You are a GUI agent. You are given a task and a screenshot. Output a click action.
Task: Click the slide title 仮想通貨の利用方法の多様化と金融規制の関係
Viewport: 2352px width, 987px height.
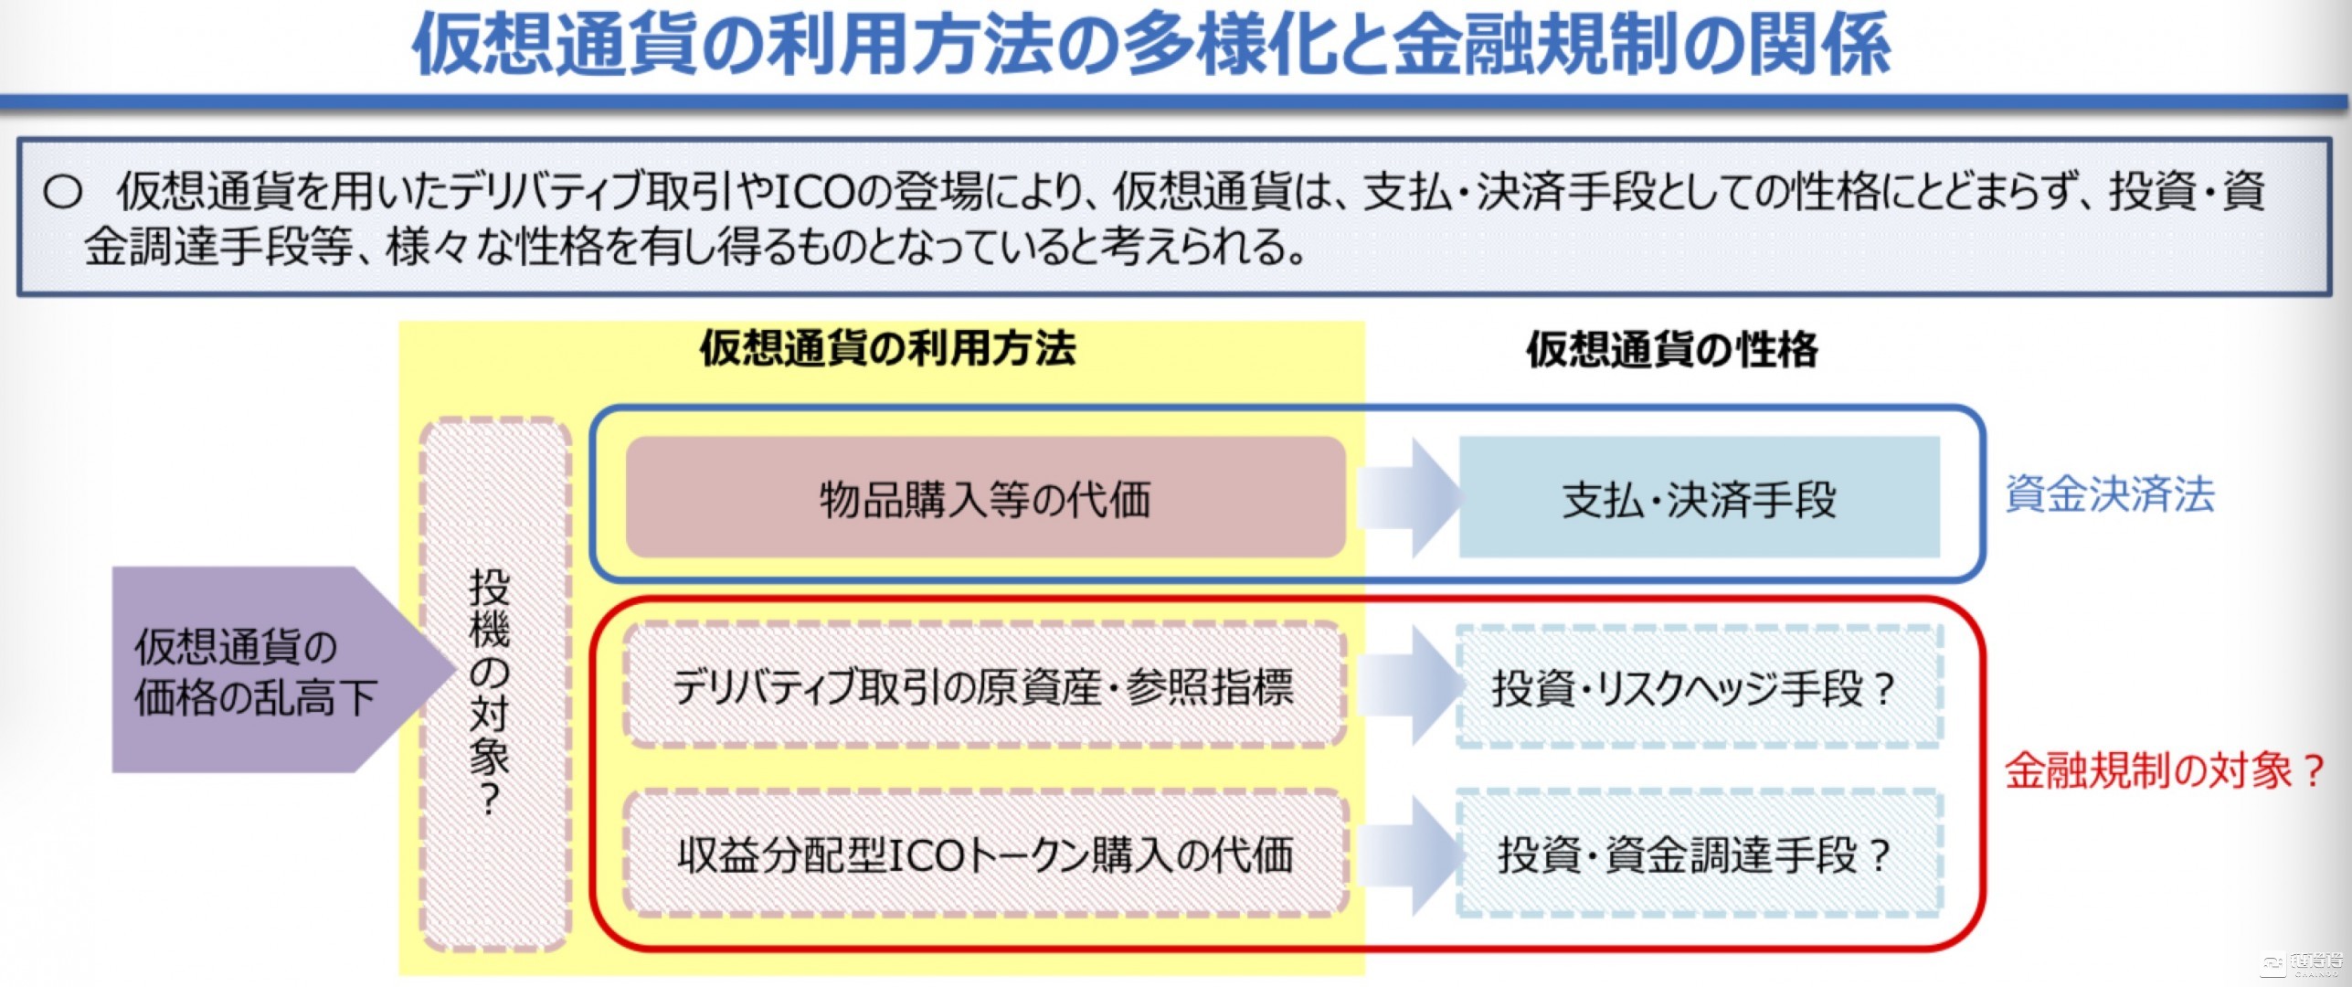pyautogui.click(x=1151, y=44)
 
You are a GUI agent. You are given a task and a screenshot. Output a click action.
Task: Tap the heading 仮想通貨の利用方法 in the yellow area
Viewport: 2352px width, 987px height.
pyautogui.click(x=887, y=348)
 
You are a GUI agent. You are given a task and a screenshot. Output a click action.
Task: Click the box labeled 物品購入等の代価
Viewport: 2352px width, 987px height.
pyautogui.click(x=985, y=499)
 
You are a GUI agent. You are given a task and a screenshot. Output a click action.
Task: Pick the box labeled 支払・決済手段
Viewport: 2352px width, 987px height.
pyautogui.click(x=1699, y=499)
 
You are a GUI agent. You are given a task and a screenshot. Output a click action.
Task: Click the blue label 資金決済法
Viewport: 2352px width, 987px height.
pyautogui.click(x=2109, y=494)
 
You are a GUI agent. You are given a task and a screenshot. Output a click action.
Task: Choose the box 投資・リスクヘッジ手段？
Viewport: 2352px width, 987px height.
pyautogui.click(x=1699, y=688)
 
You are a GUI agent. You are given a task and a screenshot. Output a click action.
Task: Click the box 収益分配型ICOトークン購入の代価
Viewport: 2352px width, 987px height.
pyautogui.click(x=985, y=855)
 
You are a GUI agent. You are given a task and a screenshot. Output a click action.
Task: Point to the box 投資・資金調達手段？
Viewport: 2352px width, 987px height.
pyautogui.click(x=1699, y=855)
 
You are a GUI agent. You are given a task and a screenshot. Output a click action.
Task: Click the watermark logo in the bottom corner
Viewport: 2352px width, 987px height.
pyautogui.click(x=2311, y=964)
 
